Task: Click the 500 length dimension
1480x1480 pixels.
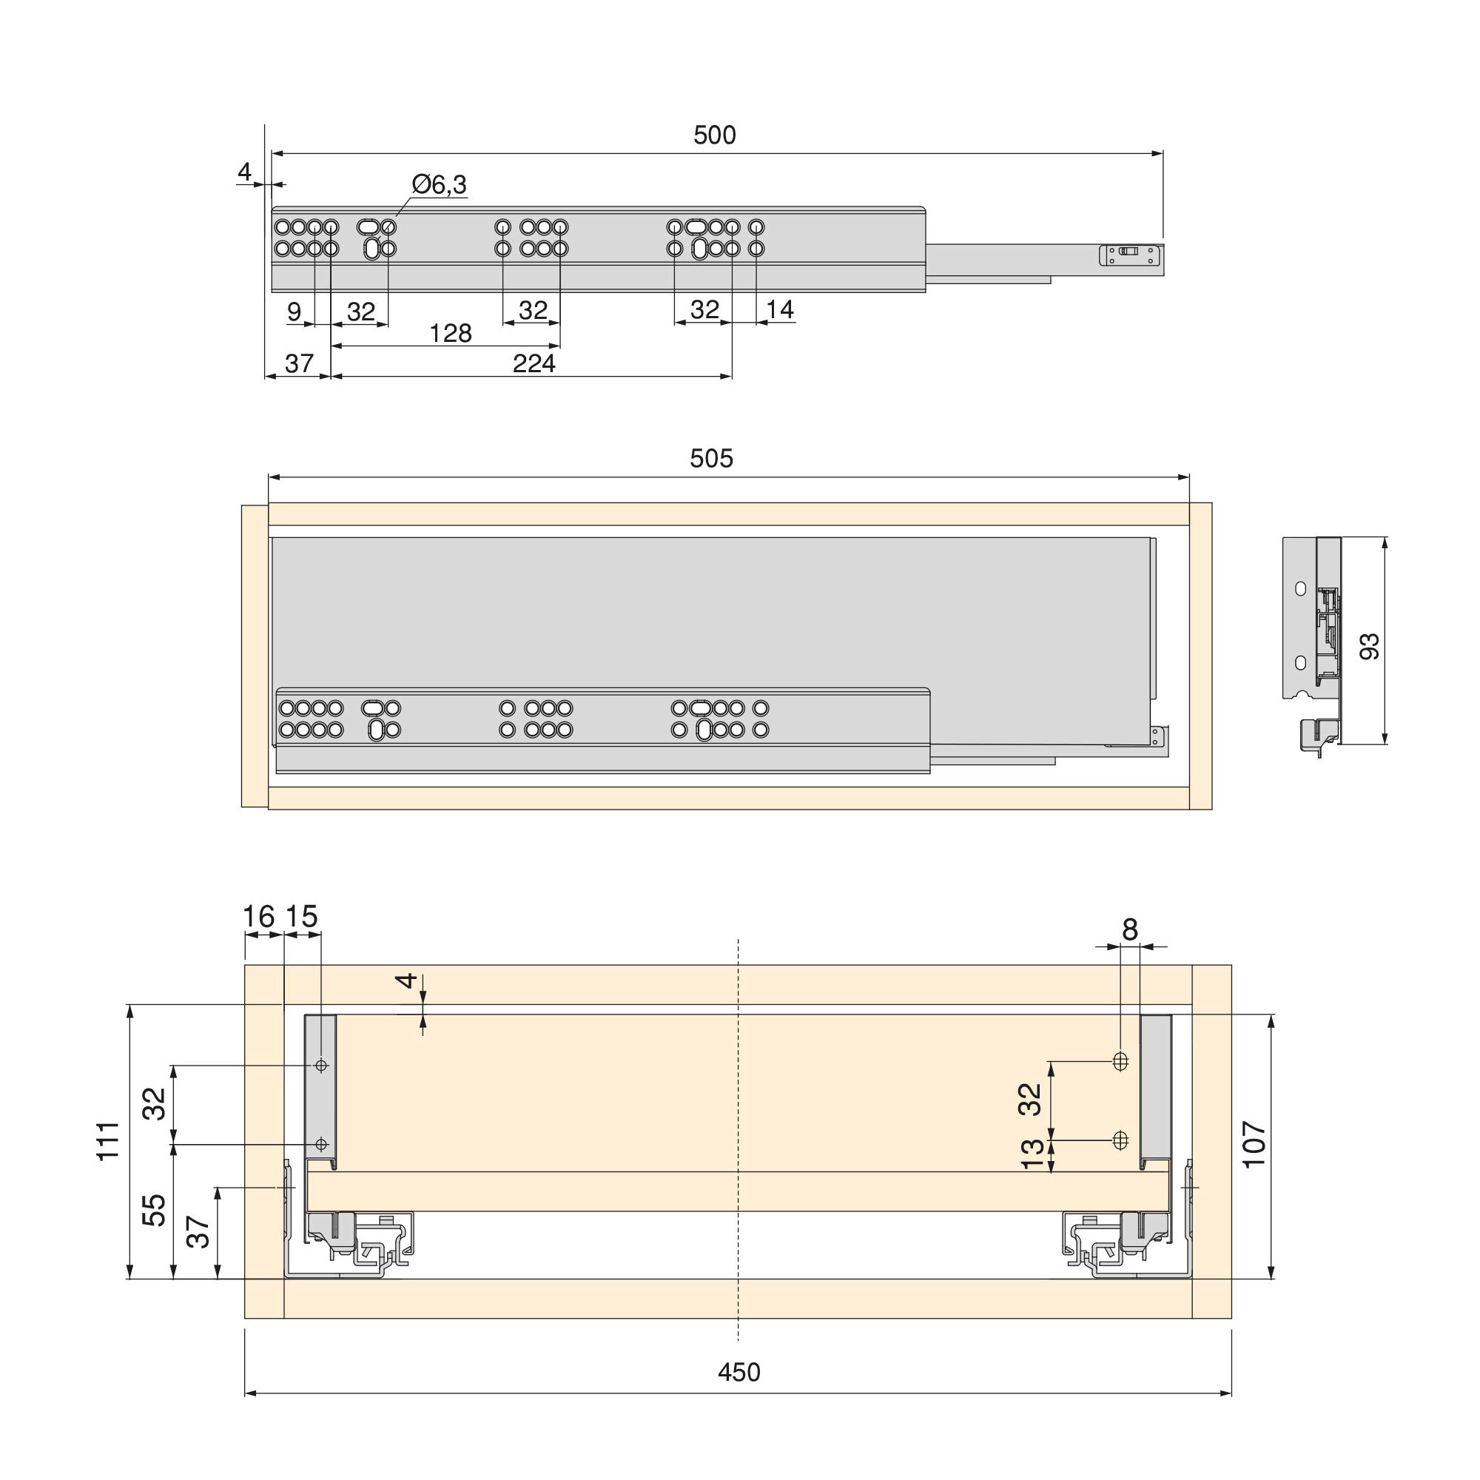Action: click(x=714, y=135)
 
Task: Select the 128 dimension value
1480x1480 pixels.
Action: click(x=451, y=333)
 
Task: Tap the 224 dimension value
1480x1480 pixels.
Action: click(x=534, y=363)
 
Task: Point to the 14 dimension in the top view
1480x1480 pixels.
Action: click(x=780, y=309)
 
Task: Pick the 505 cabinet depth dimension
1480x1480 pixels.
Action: click(x=712, y=458)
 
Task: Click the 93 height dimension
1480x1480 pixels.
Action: click(x=1369, y=646)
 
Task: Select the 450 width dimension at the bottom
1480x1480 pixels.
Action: click(x=739, y=1372)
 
